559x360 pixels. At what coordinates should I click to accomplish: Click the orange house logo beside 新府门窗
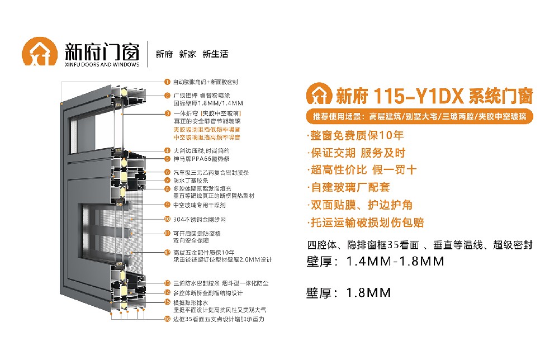coord(40,53)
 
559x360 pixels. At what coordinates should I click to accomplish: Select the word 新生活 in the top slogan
coord(215,54)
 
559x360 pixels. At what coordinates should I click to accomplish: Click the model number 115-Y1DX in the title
coord(397,96)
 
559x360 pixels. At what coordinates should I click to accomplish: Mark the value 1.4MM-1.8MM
coord(395,261)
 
